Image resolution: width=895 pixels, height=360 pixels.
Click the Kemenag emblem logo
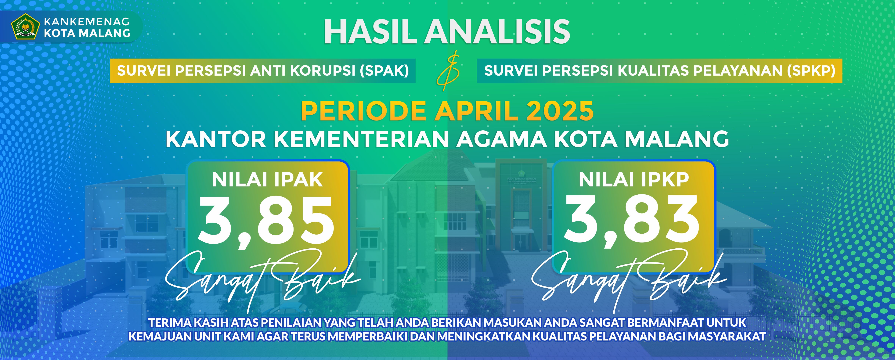[x=26, y=26]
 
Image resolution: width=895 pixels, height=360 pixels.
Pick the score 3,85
[x=266, y=221]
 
